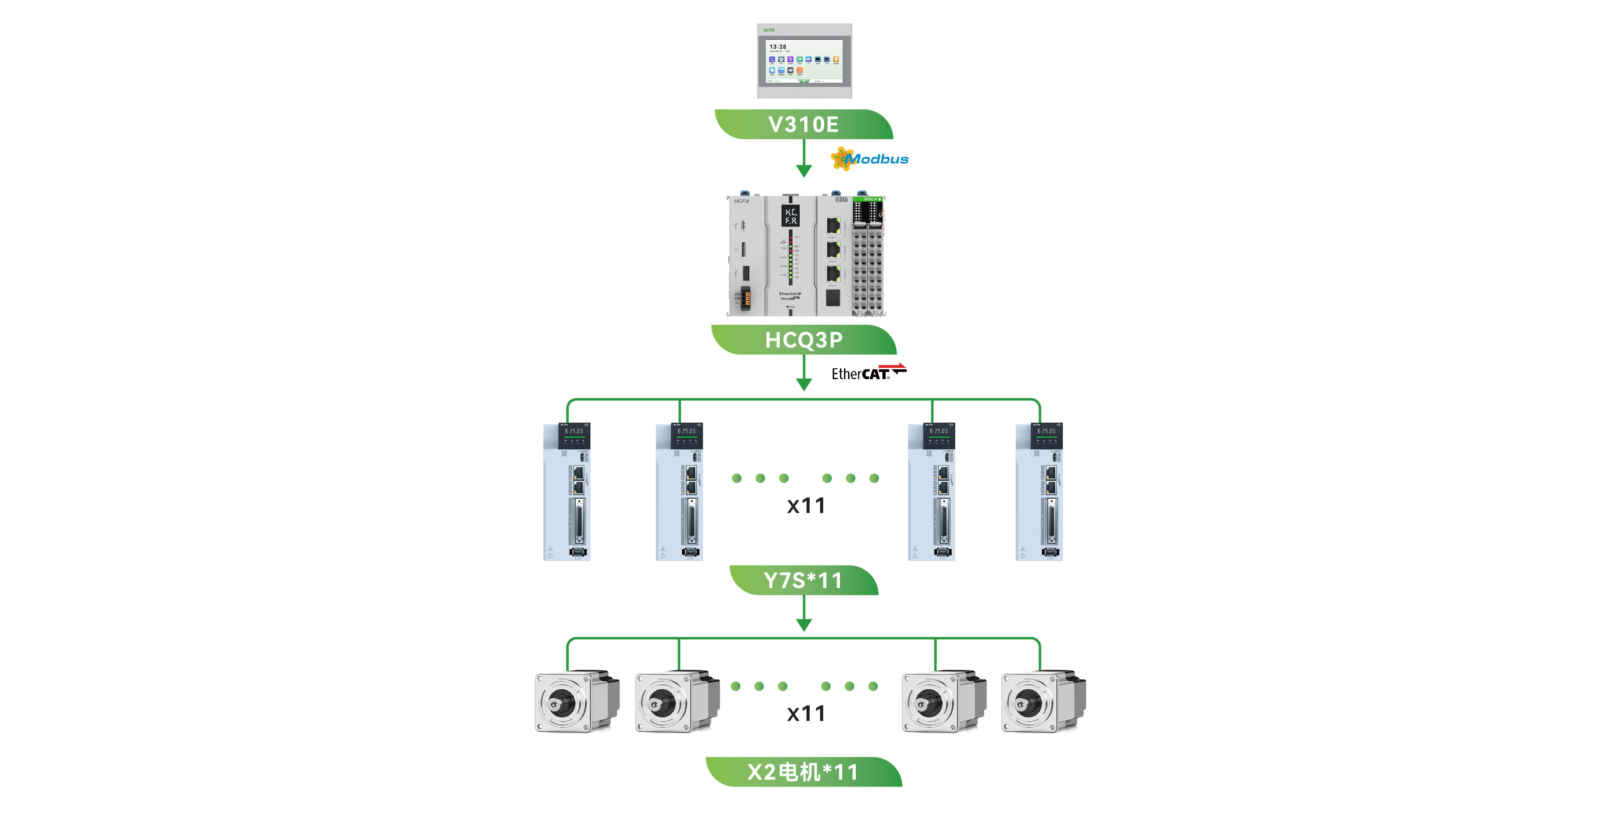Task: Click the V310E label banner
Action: pos(803,124)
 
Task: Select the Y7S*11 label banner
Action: pos(803,580)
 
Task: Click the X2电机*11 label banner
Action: pos(803,772)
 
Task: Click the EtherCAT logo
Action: pos(868,373)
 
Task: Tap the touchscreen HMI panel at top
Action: pos(804,61)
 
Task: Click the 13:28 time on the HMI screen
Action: pos(778,47)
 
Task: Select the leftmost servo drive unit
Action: pos(567,491)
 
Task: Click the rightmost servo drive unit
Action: pos(1039,491)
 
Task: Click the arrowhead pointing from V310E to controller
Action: pos(804,170)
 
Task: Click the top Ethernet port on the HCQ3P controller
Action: pos(833,225)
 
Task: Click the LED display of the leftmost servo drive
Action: pos(574,431)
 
